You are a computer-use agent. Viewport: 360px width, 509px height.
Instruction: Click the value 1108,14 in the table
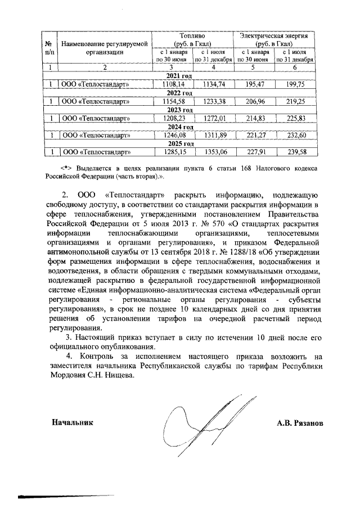173,84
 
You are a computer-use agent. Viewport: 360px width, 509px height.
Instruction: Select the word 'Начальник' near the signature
70,421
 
